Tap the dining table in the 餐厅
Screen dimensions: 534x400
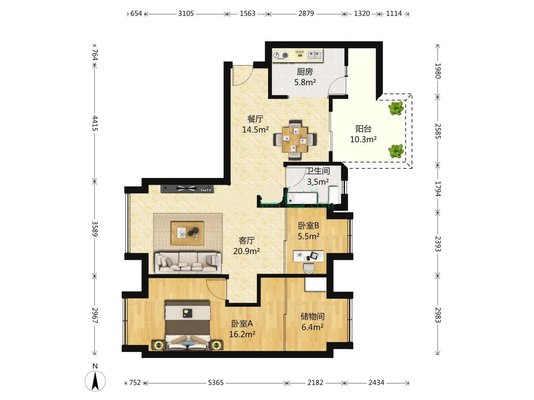[295, 140]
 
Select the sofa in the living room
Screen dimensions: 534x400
[188, 263]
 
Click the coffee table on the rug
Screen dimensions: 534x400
[187, 233]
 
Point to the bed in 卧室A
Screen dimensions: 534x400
[187, 326]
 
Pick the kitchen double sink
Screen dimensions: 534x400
[314, 55]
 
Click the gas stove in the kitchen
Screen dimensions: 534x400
[280, 56]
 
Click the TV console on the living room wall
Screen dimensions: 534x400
[187, 189]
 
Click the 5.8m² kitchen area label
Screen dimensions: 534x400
[305, 82]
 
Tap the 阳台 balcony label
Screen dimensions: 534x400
[363, 129]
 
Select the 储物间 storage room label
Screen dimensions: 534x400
[312, 316]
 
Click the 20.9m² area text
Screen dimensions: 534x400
[247, 251]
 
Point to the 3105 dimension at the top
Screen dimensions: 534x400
[186, 13]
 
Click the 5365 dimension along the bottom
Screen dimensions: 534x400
[215, 383]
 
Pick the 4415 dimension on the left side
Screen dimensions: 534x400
[95, 123]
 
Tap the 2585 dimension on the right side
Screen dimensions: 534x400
[438, 131]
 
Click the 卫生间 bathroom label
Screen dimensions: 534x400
[318, 171]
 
